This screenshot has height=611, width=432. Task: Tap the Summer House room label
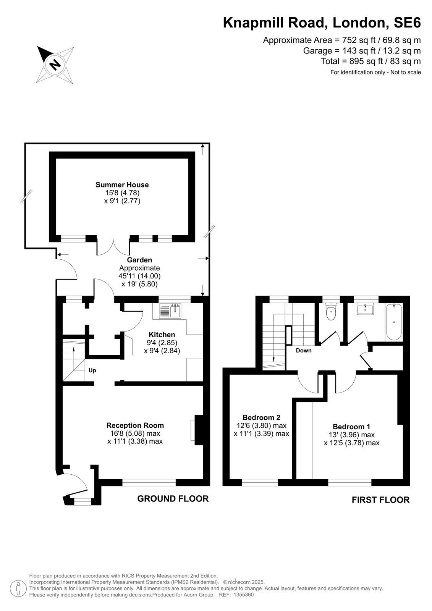point(122,185)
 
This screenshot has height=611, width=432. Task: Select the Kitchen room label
point(162,335)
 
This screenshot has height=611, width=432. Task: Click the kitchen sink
point(170,311)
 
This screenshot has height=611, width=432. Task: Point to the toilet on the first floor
point(331,311)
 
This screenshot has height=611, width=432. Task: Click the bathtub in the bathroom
point(394,322)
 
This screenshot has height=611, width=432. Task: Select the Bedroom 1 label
point(351,427)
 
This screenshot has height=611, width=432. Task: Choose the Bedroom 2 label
point(261,417)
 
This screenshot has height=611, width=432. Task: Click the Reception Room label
point(135,425)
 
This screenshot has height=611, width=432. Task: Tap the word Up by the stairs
point(92,371)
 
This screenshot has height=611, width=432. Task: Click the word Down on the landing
point(304,351)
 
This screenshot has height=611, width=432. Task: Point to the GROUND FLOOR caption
point(173,499)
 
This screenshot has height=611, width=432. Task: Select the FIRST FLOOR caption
point(381,500)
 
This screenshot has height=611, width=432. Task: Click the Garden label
point(139,260)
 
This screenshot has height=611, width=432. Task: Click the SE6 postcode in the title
point(407,23)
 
